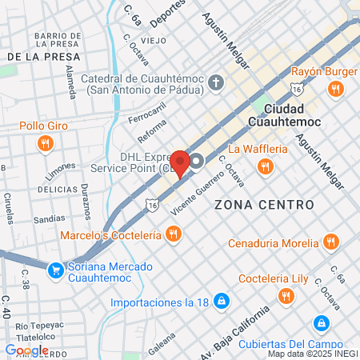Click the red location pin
181,162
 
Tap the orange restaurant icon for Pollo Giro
46,143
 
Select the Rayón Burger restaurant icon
334,90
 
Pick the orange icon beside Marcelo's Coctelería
172,234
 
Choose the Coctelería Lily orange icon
286,297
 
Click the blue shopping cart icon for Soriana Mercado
55,271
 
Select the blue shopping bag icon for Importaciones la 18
222,302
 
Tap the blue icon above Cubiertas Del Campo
321,323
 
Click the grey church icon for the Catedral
216,82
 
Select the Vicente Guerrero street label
190,193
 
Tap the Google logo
26,350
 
